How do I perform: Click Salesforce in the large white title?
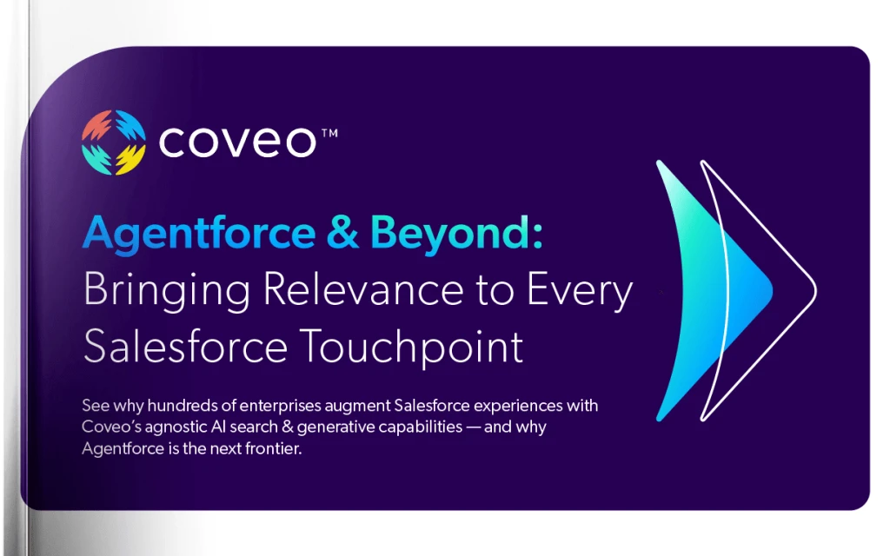pyautogui.click(x=185, y=347)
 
